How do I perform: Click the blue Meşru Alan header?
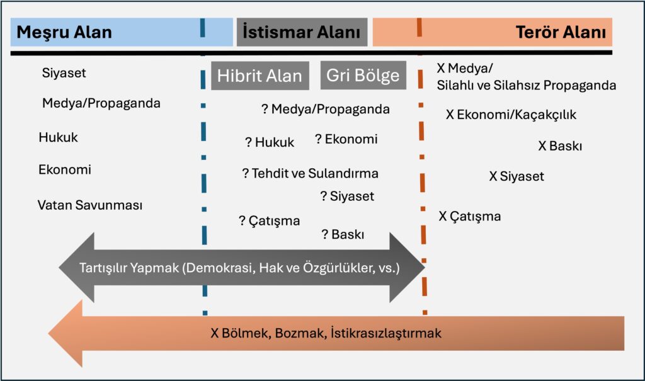[x=122, y=32]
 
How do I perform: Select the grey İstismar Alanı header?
[x=302, y=32]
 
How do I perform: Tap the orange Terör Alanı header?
[x=493, y=32]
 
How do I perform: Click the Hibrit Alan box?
[x=260, y=76]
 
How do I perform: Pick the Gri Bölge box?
[x=363, y=76]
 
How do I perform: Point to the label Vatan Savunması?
[x=89, y=205]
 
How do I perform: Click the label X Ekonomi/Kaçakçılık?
[x=511, y=115]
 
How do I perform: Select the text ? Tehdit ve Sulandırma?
[x=310, y=173]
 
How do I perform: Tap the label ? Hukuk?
[x=270, y=142]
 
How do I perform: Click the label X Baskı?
[x=560, y=145]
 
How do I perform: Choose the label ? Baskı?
[x=343, y=234]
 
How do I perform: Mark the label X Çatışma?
[x=470, y=217]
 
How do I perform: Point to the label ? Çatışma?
[x=270, y=221]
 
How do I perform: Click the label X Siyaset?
[x=517, y=176]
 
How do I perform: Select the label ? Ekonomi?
[x=346, y=139]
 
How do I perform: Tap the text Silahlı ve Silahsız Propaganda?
[x=527, y=85]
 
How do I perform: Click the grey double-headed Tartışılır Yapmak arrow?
[x=241, y=268]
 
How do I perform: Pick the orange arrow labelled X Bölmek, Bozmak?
[x=336, y=333]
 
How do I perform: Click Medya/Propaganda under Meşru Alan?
[x=101, y=103]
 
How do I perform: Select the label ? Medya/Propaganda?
[x=326, y=109]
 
